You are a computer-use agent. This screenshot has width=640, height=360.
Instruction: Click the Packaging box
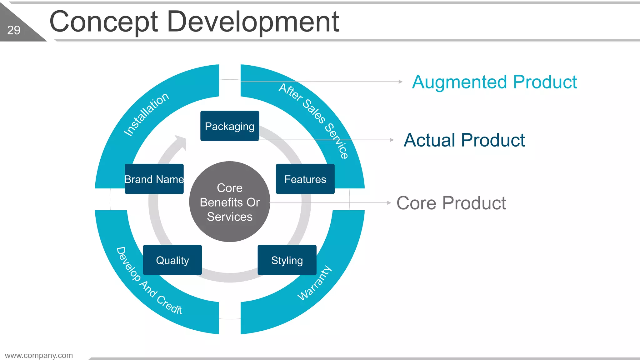pyautogui.click(x=230, y=126)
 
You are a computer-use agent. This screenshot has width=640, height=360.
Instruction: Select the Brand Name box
pyautogui.click(x=154, y=179)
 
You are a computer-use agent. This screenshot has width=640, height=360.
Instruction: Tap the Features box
pyautogui.click(x=305, y=179)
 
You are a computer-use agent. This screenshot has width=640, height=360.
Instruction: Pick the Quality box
pyautogui.click(x=172, y=260)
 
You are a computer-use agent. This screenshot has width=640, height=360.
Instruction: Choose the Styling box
pyautogui.click(x=287, y=260)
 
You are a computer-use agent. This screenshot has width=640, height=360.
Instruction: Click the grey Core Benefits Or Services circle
pyautogui.click(x=230, y=202)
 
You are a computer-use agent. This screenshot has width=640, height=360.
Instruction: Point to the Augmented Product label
pyautogui.click(x=494, y=82)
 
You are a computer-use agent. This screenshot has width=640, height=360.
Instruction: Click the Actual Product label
pyautogui.click(x=464, y=140)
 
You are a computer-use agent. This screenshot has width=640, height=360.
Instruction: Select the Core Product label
pyautogui.click(x=451, y=203)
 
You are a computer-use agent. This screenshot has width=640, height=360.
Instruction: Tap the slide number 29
pyautogui.click(x=14, y=30)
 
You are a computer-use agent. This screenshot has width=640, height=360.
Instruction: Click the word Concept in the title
pyautogui.click(x=103, y=22)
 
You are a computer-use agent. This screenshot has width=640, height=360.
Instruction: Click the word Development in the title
pyautogui.click(x=253, y=22)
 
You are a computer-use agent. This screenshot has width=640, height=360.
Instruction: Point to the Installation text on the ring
pyautogui.click(x=146, y=114)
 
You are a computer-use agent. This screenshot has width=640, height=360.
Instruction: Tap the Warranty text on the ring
pyautogui.click(x=314, y=283)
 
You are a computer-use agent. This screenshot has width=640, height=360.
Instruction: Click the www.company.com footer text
pyautogui.click(x=39, y=355)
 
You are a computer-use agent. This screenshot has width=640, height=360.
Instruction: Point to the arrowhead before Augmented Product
pyautogui.click(x=401, y=82)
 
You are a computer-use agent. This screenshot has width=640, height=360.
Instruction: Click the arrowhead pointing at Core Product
pyautogui.click(x=389, y=203)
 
